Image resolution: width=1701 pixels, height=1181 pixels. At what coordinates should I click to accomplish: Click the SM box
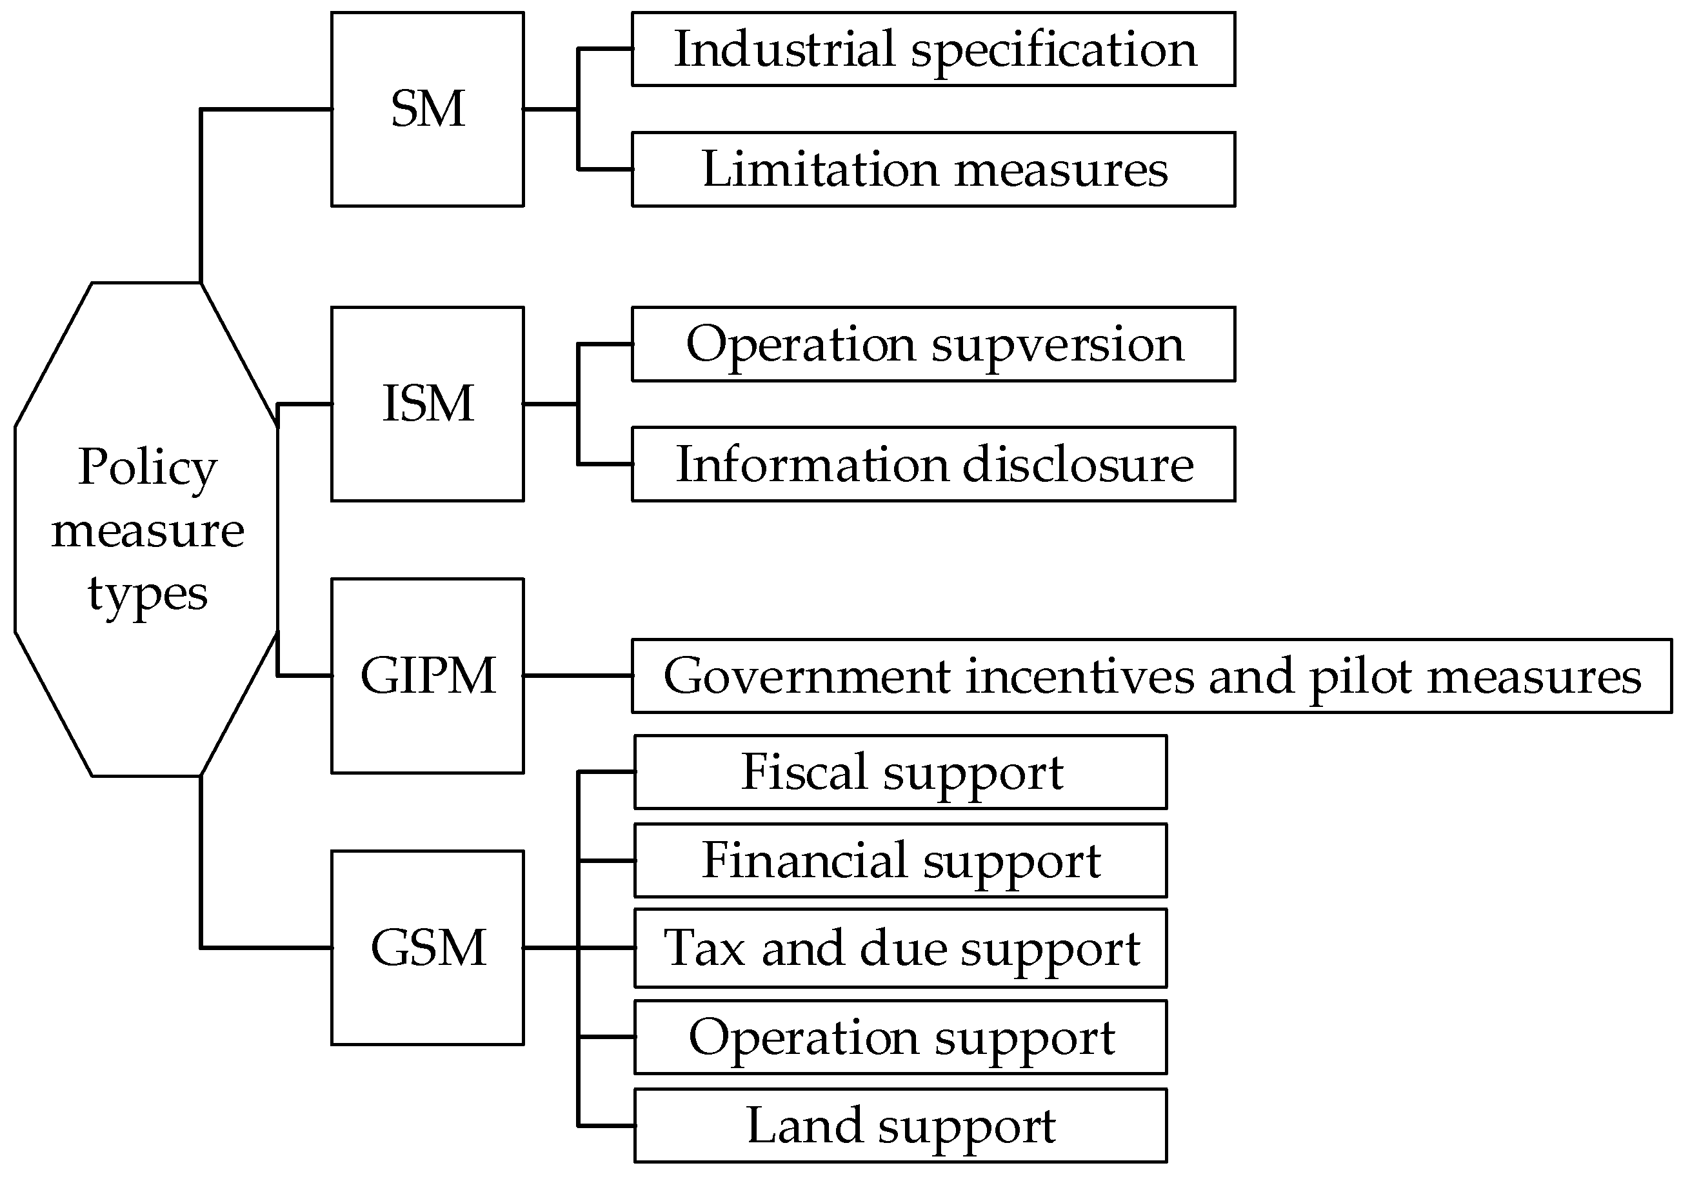427,109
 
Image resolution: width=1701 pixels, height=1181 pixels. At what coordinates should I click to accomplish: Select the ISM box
427,404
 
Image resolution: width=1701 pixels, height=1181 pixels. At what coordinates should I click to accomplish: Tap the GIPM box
427,675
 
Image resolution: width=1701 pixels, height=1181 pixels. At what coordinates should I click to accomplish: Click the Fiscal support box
900,772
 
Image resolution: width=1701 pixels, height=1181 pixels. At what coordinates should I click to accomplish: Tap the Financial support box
900,860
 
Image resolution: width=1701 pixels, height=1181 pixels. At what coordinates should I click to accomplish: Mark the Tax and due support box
900,948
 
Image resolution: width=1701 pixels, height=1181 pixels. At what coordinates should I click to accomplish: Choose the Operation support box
900,1037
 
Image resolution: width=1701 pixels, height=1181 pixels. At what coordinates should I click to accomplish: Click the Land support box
900,1125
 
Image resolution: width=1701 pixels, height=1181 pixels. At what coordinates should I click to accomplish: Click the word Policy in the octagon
147,468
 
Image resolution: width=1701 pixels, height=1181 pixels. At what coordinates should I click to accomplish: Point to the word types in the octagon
147,594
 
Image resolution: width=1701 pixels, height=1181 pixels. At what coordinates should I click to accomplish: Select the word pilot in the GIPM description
1360,677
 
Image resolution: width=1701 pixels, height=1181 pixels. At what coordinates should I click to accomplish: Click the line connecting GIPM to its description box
577,675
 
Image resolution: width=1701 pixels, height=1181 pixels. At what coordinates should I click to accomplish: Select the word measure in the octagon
147,531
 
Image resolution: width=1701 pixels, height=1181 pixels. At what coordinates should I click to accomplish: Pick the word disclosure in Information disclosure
1078,464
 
